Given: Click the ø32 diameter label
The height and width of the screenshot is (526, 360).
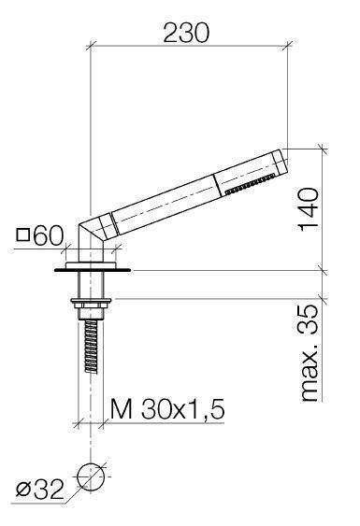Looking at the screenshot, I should tap(39, 489).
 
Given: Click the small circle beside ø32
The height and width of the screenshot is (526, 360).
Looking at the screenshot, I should tap(90, 477).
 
